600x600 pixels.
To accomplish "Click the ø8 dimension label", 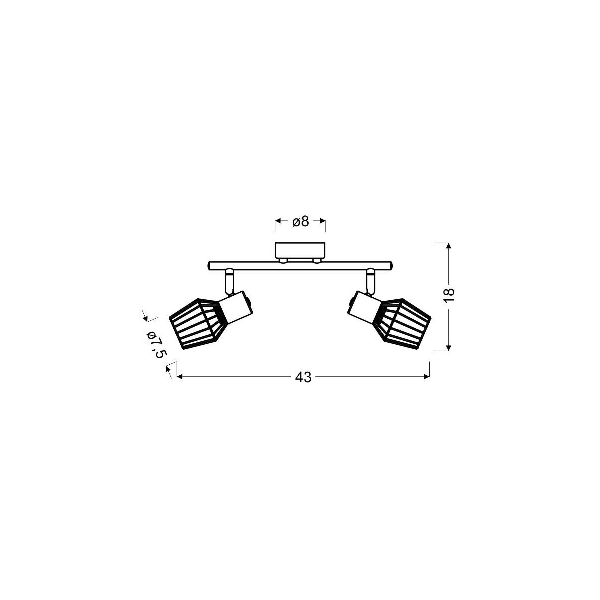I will click(300, 221).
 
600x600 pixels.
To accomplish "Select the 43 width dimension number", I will click(303, 377).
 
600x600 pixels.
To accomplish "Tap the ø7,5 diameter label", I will click(155, 344).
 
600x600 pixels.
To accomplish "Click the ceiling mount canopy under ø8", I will click(300, 250).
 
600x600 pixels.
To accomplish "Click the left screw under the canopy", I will click(283, 260).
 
